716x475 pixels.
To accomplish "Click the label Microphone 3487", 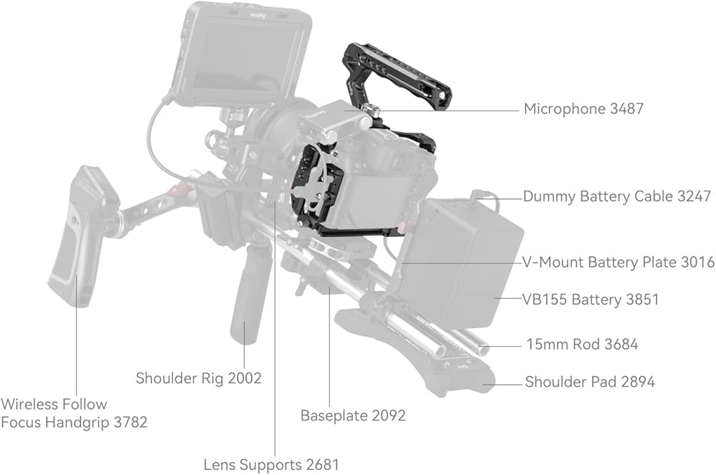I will [584, 110].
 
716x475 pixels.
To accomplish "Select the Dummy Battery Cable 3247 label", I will [616, 196].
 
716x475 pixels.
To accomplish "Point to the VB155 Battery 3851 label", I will [591, 299].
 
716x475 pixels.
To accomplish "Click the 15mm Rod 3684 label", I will [582, 345].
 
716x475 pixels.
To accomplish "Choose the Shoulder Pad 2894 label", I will [590, 382].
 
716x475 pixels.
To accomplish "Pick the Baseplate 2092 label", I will [353, 416].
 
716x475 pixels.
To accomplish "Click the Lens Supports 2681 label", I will [271, 464].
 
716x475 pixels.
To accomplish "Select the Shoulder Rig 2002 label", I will [198, 378].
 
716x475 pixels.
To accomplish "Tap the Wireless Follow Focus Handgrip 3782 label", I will [74, 413].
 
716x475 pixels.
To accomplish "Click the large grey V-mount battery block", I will [462, 262].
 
